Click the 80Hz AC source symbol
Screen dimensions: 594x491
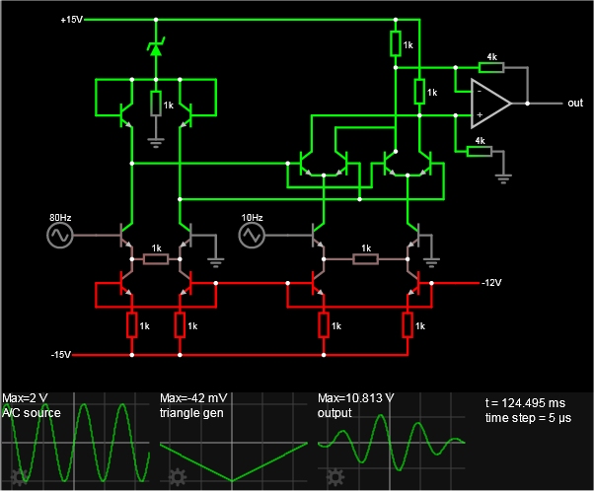click(x=60, y=235)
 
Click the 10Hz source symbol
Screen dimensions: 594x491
click(x=252, y=235)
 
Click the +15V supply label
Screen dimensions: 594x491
click(x=72, y=20)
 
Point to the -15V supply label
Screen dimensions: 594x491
click(x=61, y=355)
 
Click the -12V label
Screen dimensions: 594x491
click(x=491, y=283)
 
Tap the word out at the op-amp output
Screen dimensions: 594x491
click(x=575, y=103)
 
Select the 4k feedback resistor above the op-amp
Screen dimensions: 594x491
click(x=491, y=68)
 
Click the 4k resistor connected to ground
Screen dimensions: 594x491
click(x=480, y=152)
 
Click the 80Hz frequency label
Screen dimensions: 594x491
click(x=60, y=217)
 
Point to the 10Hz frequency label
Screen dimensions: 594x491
click(x=252, y=217)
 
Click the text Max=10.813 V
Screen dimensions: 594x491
click(x=356, y=398)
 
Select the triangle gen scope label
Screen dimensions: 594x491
click(x=191, y=413)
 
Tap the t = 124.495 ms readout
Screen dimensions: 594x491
click(x=525, y=403)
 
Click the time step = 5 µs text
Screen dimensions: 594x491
click(x=528, y=418)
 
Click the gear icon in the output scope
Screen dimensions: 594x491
click(x=335, y=477)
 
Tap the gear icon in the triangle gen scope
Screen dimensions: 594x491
click(x=178, y=477)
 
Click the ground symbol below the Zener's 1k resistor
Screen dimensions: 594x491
click(x=156, y=143)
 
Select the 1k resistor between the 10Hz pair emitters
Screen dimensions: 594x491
click(x=365, y=259)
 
